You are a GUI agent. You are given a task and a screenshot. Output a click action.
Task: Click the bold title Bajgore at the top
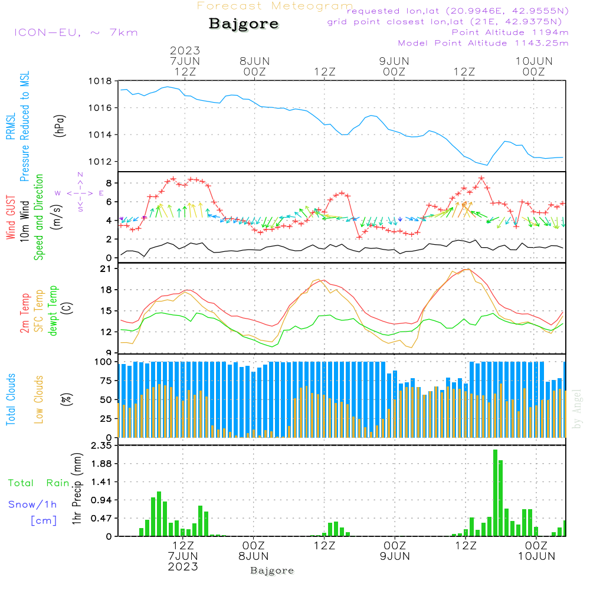[x=244, y=24]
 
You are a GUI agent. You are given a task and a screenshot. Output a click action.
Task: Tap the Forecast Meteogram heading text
[x=275, y=6]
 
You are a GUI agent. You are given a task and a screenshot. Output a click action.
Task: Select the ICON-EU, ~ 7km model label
[x=76, y=32]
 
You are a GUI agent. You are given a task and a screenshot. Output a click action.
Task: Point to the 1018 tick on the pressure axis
[x=100, y=81]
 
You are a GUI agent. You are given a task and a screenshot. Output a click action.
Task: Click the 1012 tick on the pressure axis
[x=100, y=162]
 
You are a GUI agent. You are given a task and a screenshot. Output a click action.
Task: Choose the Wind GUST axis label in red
[x=11, y=217]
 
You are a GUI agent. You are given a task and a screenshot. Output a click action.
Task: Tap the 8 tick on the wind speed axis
[x=109, y=183]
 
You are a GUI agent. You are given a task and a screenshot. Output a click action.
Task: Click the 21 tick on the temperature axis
[x=106, y=268]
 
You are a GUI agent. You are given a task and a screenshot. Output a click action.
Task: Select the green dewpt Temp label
[x=53, y=310]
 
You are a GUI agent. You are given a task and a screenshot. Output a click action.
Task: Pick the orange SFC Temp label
[x=39, y=311]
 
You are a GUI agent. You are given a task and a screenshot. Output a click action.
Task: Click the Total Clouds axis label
[x=11, y=399]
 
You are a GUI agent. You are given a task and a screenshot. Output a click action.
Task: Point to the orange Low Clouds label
[x=38, y=399]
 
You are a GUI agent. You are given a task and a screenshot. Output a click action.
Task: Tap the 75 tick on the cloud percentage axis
[x=106, y=381]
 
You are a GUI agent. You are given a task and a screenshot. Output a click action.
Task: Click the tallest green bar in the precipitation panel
[x=495, y=493]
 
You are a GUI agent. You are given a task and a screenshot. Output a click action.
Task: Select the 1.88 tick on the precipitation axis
[x=101, y=464]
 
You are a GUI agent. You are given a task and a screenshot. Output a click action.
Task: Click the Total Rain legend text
[x=39, y=483]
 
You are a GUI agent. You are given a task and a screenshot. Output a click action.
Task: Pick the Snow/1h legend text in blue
[x=32, y=504]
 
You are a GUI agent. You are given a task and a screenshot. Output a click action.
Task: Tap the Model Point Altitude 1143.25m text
[x=483, y=43]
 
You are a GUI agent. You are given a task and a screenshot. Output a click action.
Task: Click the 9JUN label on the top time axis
[x=394, y=61]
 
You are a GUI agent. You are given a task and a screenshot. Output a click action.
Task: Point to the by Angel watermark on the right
[x=576, y=409]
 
